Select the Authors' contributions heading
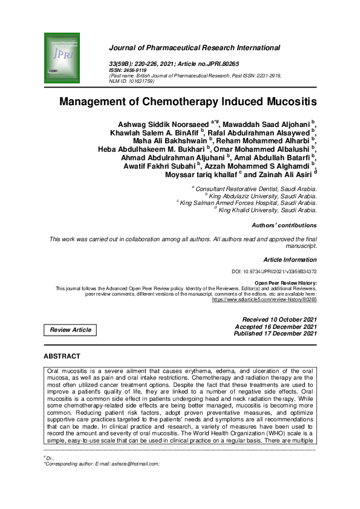(284, 225)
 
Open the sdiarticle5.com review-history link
(264, 299)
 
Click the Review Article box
(71, 329)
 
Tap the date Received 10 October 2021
(279, 319)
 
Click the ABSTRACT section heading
(62, 356)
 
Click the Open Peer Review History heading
(285, 283)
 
